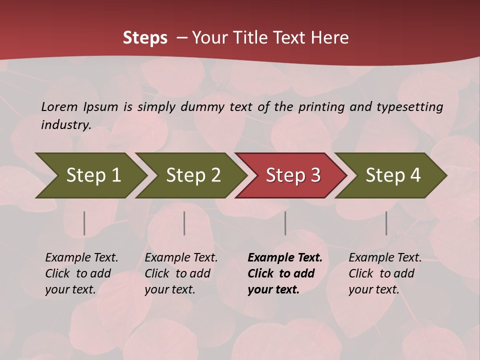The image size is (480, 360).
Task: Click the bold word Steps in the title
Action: [x=145, y=38]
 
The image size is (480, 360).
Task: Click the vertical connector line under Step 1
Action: [x=84, y=223]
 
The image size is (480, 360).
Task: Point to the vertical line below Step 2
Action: [x=184, y=223]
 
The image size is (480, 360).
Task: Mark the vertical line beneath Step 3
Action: [x=285, y=223]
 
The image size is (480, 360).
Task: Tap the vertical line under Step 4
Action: [x=386, y=223]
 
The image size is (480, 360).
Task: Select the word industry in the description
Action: [x=65, y=124]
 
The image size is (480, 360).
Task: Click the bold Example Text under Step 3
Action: [x=285, y=257]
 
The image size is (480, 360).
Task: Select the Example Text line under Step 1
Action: [x=81, y=257]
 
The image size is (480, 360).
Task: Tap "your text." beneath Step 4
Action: [x=373, y=289]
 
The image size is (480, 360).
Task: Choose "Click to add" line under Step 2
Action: [x=177, y=273]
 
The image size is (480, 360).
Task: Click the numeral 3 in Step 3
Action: [x=315, y=175]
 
